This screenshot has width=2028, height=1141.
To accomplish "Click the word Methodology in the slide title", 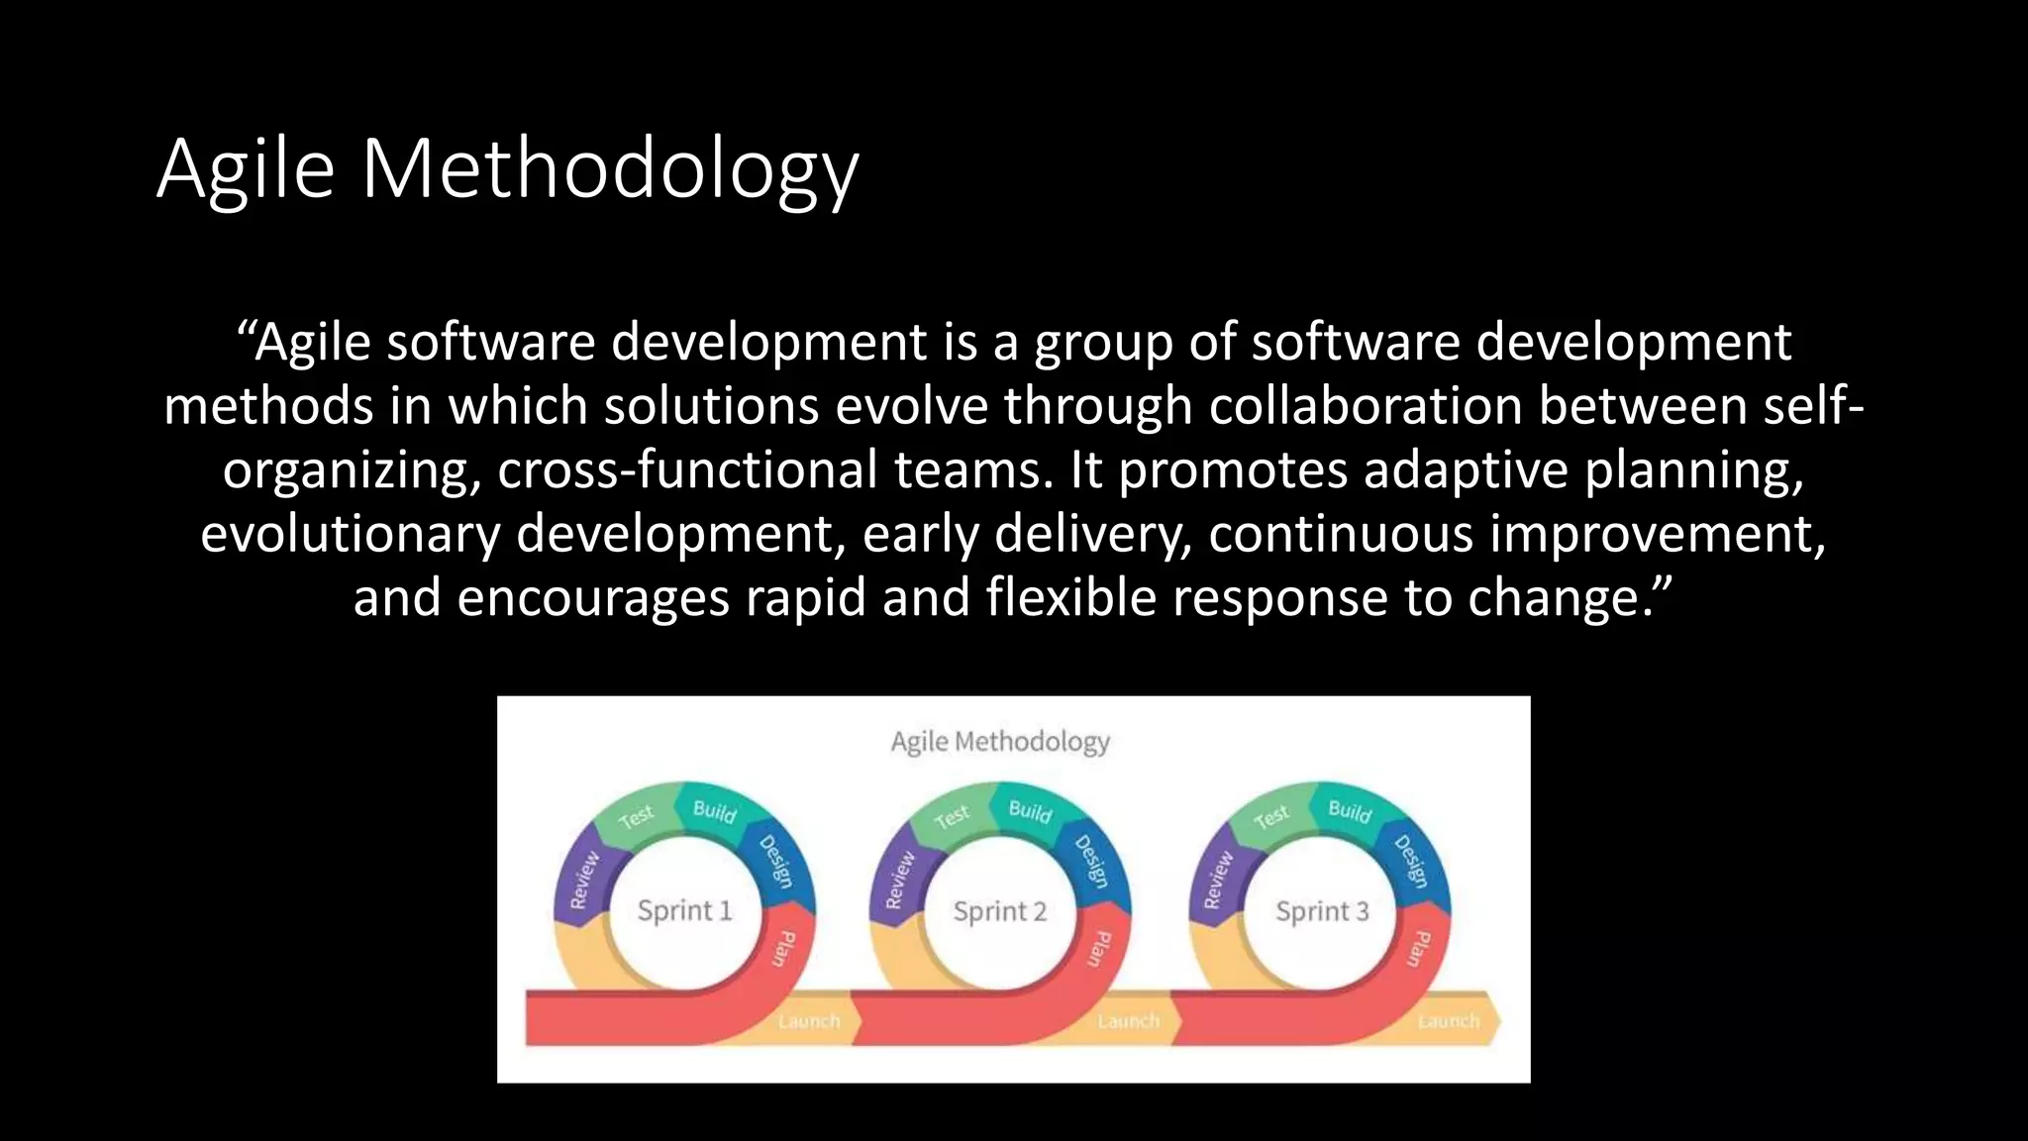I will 609,170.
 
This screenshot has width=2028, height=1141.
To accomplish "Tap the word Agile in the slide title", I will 246,170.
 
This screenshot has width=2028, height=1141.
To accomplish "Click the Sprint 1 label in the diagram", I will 684,910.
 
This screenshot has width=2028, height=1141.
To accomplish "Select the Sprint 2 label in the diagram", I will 999,911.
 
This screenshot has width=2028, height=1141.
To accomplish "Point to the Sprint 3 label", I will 1322,911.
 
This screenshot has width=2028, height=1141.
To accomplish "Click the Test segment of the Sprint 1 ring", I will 636,816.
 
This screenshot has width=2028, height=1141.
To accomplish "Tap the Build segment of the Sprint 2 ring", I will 1030,811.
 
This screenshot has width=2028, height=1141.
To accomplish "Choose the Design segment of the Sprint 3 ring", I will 1412,860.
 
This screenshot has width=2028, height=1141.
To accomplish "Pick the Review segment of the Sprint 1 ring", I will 584,880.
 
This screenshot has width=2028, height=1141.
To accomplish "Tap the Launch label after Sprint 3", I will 1448,1021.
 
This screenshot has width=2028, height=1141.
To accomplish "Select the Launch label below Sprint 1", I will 809,1021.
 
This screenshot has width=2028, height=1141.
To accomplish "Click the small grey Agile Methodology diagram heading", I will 1000,742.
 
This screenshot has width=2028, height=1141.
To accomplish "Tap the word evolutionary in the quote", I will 351,534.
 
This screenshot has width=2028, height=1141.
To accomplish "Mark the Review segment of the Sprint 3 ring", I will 1218,880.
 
